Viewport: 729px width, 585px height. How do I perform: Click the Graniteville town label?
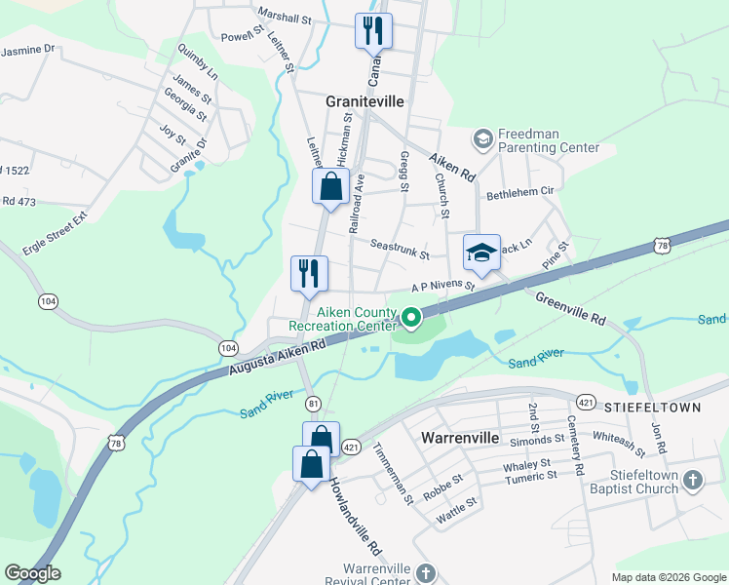coord(364,101)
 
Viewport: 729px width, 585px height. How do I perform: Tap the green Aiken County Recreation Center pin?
coord(411,317)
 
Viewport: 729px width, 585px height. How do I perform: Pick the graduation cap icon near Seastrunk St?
coord(481,253)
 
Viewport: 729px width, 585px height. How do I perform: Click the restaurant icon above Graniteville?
coord(373,31)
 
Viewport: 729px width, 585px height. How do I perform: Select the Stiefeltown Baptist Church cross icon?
coord(692,480)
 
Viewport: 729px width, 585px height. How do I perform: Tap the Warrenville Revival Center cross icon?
coord(425,572)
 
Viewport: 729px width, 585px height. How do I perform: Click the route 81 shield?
coord(313,403)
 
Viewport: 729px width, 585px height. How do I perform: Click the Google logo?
coord(32,573)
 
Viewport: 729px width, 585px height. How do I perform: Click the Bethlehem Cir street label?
coord(519,194)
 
